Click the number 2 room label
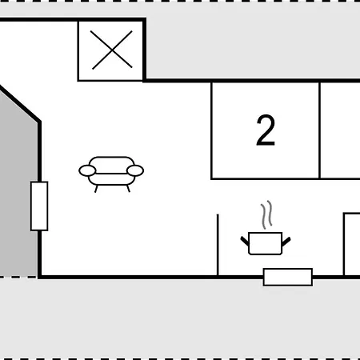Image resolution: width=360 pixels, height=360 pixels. click(266, 130)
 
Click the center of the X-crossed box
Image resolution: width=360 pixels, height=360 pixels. click(112, 50)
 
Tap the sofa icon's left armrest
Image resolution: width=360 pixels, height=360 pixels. click(87, 170)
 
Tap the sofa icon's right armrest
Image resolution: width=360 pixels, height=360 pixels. click(135, 170)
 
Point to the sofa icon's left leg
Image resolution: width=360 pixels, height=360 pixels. click(96, 189)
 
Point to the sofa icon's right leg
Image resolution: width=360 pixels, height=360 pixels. click(129, 189)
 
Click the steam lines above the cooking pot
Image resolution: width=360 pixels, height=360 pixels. click(266, 214)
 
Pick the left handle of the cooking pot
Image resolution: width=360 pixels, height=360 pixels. click(245, 241)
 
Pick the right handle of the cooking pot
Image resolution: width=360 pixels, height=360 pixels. click(286, 242)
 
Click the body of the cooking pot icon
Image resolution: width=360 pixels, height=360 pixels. click(265, 243)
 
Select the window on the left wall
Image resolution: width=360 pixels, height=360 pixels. click(39, 206)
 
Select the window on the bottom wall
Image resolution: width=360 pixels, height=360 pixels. click(288, 277)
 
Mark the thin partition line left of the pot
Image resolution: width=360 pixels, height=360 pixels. click(218, 245)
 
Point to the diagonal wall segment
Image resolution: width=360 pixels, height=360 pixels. click(20, 103)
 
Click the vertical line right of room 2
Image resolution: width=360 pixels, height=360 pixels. click(319, 130)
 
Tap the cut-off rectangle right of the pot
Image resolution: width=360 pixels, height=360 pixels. click(352, 244)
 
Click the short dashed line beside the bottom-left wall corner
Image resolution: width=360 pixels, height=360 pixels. click(18, 277)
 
